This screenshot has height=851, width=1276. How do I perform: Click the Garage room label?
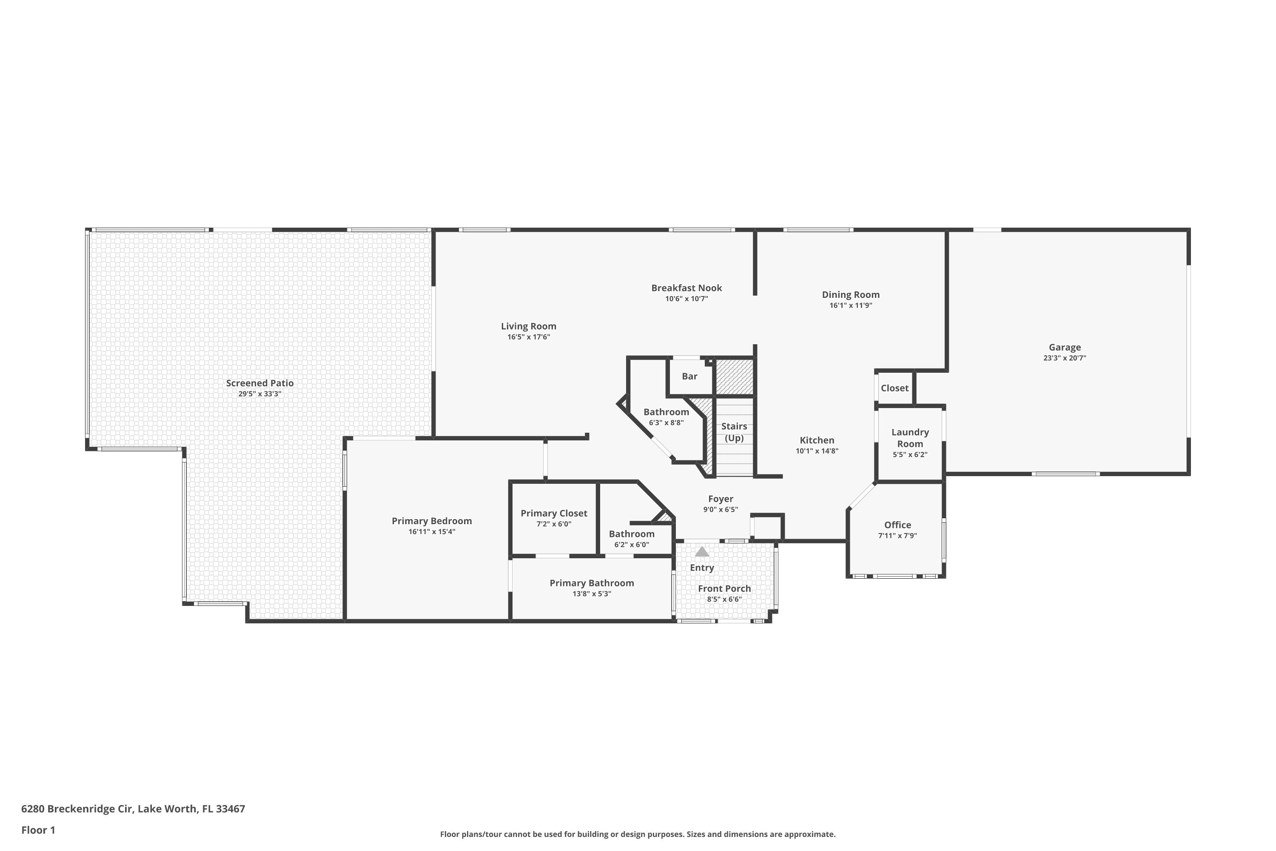[x=1065, y=347]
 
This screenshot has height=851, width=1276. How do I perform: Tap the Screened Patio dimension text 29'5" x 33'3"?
[x=260, y=394]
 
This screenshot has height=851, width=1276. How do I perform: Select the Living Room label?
[x=528, y=326]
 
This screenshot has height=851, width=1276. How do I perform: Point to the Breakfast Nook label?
[x=686, y=288]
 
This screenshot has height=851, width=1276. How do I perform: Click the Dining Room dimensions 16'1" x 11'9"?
[x=850, y=306]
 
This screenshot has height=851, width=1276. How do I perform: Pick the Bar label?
[x=689, y=376]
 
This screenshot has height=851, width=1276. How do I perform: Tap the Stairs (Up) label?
[x=734, y=432]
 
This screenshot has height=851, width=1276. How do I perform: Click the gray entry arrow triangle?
[x=702, y=552]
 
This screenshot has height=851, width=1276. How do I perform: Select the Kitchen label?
[x=817, y=440]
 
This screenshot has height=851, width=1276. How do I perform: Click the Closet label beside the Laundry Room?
[x=894, y=388]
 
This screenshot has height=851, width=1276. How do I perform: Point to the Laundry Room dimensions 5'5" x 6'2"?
[x=910, y=455]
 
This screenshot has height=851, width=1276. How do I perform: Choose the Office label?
[x=897, y=525]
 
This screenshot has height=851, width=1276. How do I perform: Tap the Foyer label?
[x=721, y=499]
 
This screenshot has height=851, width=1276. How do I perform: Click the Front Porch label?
[x=724, y=588]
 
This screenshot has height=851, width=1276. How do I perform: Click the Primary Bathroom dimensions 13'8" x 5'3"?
[x=591, y=594]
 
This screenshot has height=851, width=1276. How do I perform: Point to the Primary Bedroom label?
[x=432, y=521]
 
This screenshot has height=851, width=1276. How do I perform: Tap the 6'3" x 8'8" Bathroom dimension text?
[x=666, y=423]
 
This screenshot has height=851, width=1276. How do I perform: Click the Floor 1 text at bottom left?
[x=38, y=830]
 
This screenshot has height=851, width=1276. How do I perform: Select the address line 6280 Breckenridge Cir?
[x=133, y=809]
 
